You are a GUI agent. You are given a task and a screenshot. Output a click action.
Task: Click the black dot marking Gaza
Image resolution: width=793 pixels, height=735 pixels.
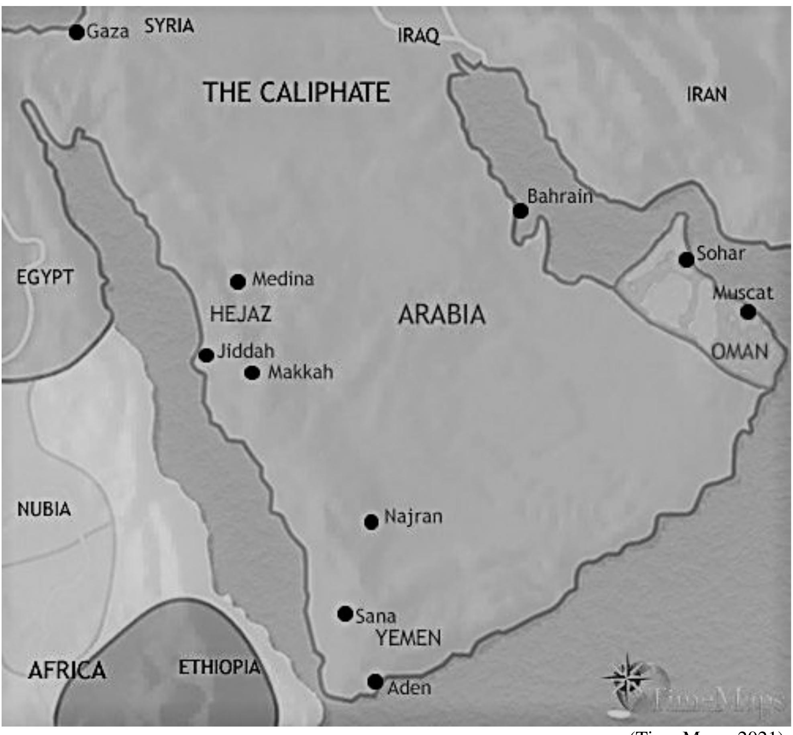77,32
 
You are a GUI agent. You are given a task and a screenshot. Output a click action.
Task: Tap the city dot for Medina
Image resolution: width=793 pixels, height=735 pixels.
238,282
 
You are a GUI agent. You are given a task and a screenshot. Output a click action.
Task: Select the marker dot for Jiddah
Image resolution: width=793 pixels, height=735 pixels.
206,355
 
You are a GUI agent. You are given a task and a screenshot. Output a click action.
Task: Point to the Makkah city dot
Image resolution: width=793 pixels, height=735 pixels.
252,373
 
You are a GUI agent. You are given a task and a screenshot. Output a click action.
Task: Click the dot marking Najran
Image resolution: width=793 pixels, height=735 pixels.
371,522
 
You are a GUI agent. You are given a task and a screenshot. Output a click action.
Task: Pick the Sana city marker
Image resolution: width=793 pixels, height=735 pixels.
345,614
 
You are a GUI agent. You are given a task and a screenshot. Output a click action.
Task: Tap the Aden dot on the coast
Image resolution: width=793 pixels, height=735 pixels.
375,682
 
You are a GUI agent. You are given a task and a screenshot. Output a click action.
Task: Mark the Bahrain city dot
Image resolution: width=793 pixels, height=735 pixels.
520,210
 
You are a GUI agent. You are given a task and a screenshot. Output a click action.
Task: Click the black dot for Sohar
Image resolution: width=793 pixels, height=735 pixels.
686,260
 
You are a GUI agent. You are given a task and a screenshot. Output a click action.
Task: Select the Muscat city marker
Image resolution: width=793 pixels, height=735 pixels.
748,312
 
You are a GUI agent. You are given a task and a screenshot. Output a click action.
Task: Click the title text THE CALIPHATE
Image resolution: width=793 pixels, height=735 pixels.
297,92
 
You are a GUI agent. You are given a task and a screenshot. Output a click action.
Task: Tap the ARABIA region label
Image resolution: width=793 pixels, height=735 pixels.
442,314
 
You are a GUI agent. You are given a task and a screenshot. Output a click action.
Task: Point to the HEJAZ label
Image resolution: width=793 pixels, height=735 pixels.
241,314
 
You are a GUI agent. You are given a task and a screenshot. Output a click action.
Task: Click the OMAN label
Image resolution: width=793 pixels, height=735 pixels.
740,352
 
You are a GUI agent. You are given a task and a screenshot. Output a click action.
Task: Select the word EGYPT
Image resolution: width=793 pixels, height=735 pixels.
45,277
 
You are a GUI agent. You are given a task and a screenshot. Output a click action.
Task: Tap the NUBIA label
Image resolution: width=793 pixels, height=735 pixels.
44,510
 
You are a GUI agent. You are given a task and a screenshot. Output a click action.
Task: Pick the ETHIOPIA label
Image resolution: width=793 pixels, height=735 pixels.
219,668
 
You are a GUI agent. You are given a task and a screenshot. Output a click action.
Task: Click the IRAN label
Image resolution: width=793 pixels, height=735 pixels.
707,95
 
